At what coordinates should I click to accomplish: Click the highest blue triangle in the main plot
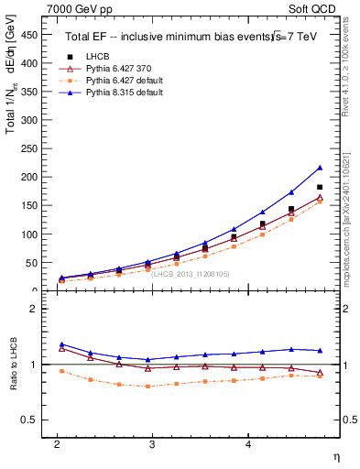click(320, 168)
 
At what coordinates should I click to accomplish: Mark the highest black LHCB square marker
click(320, 187)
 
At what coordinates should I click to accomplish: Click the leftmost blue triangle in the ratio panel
click(61, 344)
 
